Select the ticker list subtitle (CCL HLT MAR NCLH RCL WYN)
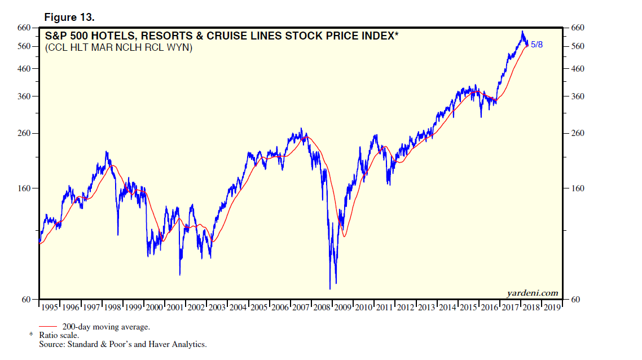(119, 48)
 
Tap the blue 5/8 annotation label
(538, 44)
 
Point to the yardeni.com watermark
(533, 292)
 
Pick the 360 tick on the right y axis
(578, 96)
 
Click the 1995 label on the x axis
(50, 308)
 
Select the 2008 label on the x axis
(322, 308)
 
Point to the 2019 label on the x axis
(551, 308)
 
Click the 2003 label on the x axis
(217, 308)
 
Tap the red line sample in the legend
(49, 327)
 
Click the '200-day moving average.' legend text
(106, 327)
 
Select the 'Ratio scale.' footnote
(59, 335)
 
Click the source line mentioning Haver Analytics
(123, 344)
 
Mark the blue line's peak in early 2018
(522, 31)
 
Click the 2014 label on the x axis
(447, 308)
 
